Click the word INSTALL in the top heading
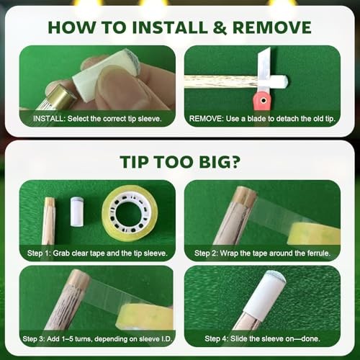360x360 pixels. pos(170,27)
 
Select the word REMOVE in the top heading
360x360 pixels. pos(272,27)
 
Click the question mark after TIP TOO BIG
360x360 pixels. pos(235,161)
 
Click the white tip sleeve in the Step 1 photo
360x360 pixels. pos(77,212)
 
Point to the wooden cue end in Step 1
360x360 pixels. pos(49,221)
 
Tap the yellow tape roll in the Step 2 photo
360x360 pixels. pos(314,234)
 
